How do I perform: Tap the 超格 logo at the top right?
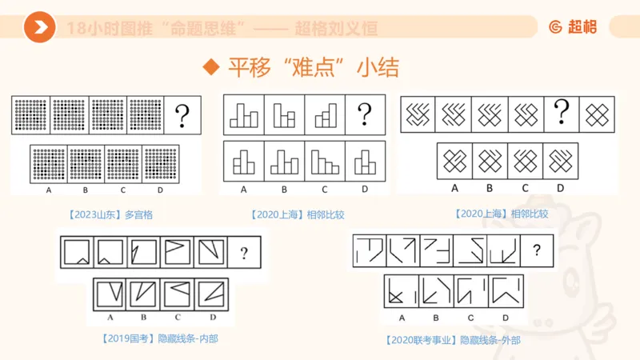coord(573,28)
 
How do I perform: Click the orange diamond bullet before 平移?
coord(211,67)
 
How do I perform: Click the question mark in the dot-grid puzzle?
coord(182,113)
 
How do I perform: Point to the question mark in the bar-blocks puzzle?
coord(365,113)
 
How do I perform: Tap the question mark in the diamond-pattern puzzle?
coord(561,112)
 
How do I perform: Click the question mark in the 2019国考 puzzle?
coord(244,254)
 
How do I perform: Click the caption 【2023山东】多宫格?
coord(108,214)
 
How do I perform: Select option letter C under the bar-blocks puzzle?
coord(325,190)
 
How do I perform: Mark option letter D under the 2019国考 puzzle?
coord(211,318)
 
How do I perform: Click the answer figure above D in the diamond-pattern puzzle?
coord(560,160)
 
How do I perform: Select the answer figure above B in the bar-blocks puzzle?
coord(285,160)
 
